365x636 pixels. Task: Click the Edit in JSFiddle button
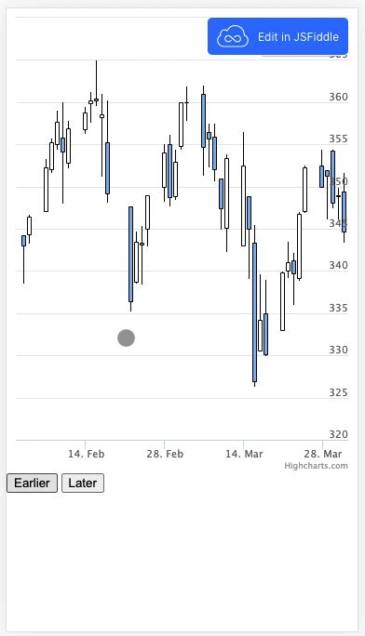tap(277, 36)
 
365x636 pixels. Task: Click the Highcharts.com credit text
tap(316, 465)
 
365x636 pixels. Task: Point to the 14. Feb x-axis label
tap(85, 453)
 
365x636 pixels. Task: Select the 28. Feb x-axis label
tap(164, 453)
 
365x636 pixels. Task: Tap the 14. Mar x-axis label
tap(243, 453)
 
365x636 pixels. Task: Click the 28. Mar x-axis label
tap(322, 453)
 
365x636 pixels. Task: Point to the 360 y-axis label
tap(338, 98)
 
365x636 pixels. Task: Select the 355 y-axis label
tap(338, 139)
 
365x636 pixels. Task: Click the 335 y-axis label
tap(338, 309)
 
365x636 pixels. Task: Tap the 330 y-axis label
tap(338, 351)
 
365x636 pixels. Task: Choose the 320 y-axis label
tap(338, 435)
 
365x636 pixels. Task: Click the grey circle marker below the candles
tap(126, 338)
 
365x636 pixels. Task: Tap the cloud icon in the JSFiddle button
tap(233, 37)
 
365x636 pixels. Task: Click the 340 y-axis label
tap(338, 266)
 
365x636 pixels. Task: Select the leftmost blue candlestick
tap(24, 241)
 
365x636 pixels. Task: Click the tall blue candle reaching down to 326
tap(254, 311)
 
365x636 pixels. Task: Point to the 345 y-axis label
tap(338, 224)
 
